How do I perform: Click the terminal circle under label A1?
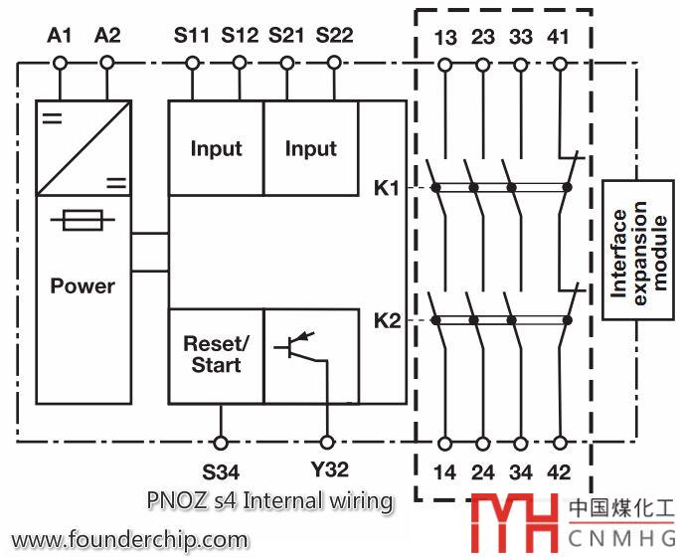(x=60, y=64)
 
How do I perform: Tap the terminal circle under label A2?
(x=106, y=64)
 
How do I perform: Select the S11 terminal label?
(x=191, y=37)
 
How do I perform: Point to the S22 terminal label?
(x=334, y=37)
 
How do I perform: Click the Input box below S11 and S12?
(x=216, y=148)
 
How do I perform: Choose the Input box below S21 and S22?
(x=311, y=148)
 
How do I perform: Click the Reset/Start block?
(x=216, y=354)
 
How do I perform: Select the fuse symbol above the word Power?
(x=84, y=221)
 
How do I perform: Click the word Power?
(x=83, y=286)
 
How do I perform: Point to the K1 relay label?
(x=388, y=187)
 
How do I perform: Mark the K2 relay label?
(x=388, y=320)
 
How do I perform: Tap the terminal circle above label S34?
(x=221, y=441)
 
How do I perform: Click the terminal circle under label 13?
(x=444, y=64)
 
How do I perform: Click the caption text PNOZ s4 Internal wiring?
(x=268, y=500)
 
